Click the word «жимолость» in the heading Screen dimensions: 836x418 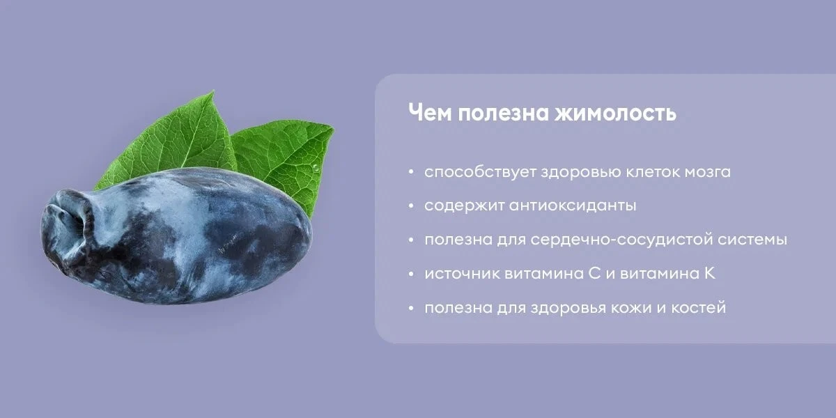(x=615, y=113)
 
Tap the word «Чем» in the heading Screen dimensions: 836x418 (x=430, y=113)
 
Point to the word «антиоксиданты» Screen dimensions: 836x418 (x=573, y=206)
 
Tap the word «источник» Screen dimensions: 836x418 (x=462, y=274)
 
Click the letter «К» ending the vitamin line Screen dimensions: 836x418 (x=709, y=274)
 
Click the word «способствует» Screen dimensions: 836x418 (x=480, y=172)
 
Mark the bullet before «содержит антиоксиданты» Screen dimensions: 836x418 (x=411, y=206)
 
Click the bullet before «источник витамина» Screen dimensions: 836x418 (x=411, y=274)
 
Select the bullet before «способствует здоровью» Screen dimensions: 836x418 (x=411, y=173)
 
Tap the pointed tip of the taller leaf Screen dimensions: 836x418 (x=213, y=91)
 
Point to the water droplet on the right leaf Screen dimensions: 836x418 (x=316, y=168)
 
